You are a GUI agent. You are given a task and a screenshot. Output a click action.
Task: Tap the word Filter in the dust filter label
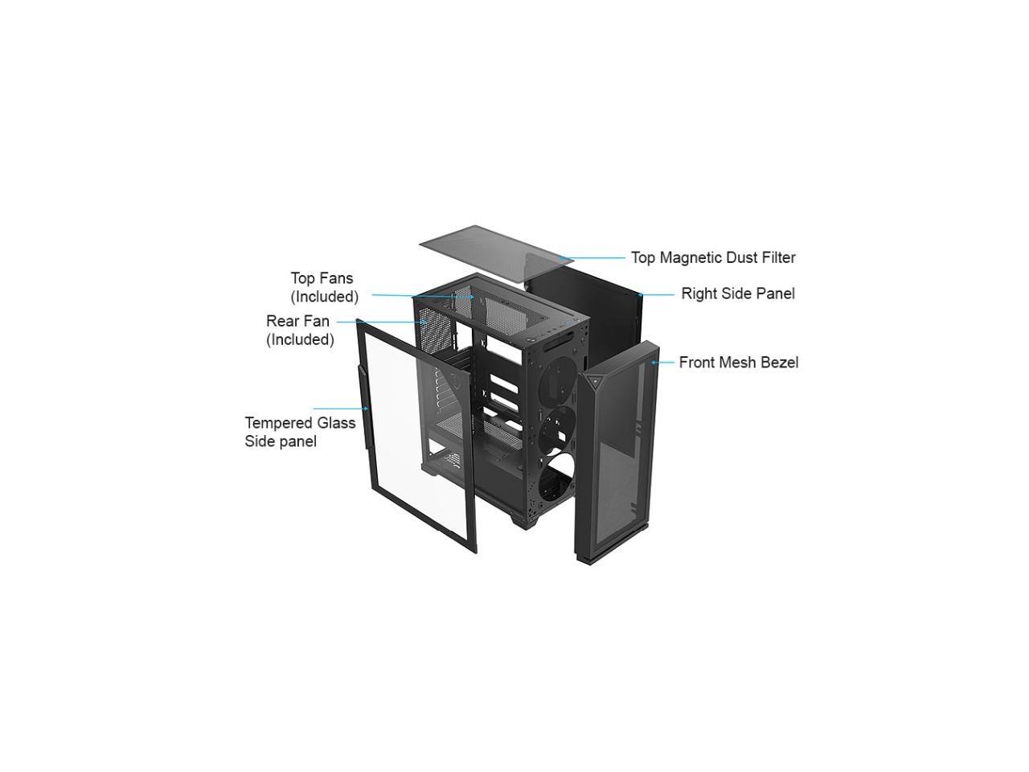[x=777, y=258]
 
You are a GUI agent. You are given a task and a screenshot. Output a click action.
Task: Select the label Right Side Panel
[x=738, y=294]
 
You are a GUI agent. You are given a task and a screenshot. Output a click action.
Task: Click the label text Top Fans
[x=322, y=278]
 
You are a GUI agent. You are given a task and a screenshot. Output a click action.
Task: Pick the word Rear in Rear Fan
[x=281, y=322]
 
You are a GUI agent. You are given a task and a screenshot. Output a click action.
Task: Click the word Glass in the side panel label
[x=336, y=423]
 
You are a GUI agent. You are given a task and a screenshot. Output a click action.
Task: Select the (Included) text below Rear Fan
[x=300, y=339]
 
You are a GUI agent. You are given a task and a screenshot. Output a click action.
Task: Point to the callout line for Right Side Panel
[x=658, y=294]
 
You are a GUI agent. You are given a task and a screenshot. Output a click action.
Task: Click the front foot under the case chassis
[x=523, y=520]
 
